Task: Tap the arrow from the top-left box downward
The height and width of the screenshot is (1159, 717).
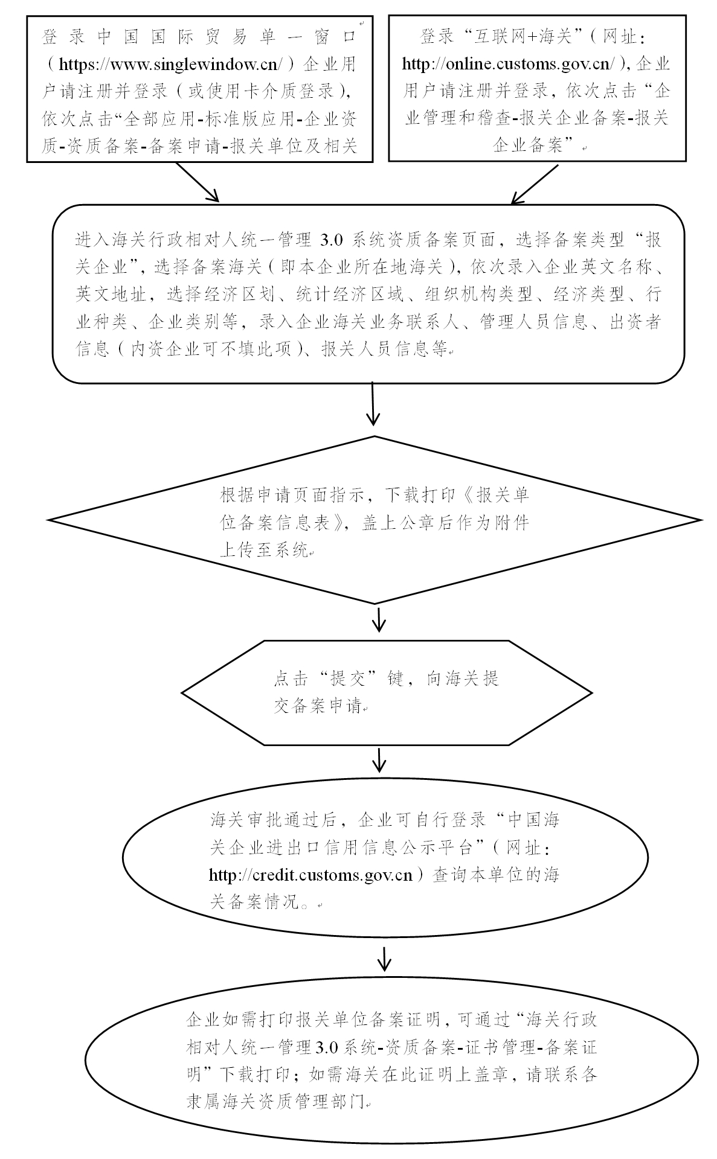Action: [x=196, y=182]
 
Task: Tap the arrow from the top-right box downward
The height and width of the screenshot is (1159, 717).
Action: [x=535, y=184]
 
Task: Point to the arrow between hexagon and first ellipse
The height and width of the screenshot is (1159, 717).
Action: [x=379, y=761]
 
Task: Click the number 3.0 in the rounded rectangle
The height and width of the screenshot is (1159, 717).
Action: [x=331, y=240]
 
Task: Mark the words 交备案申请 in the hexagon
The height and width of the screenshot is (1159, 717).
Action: [x=318, y=706]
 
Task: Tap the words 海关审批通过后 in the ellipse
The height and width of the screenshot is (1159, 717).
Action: [x=272, y=820]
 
